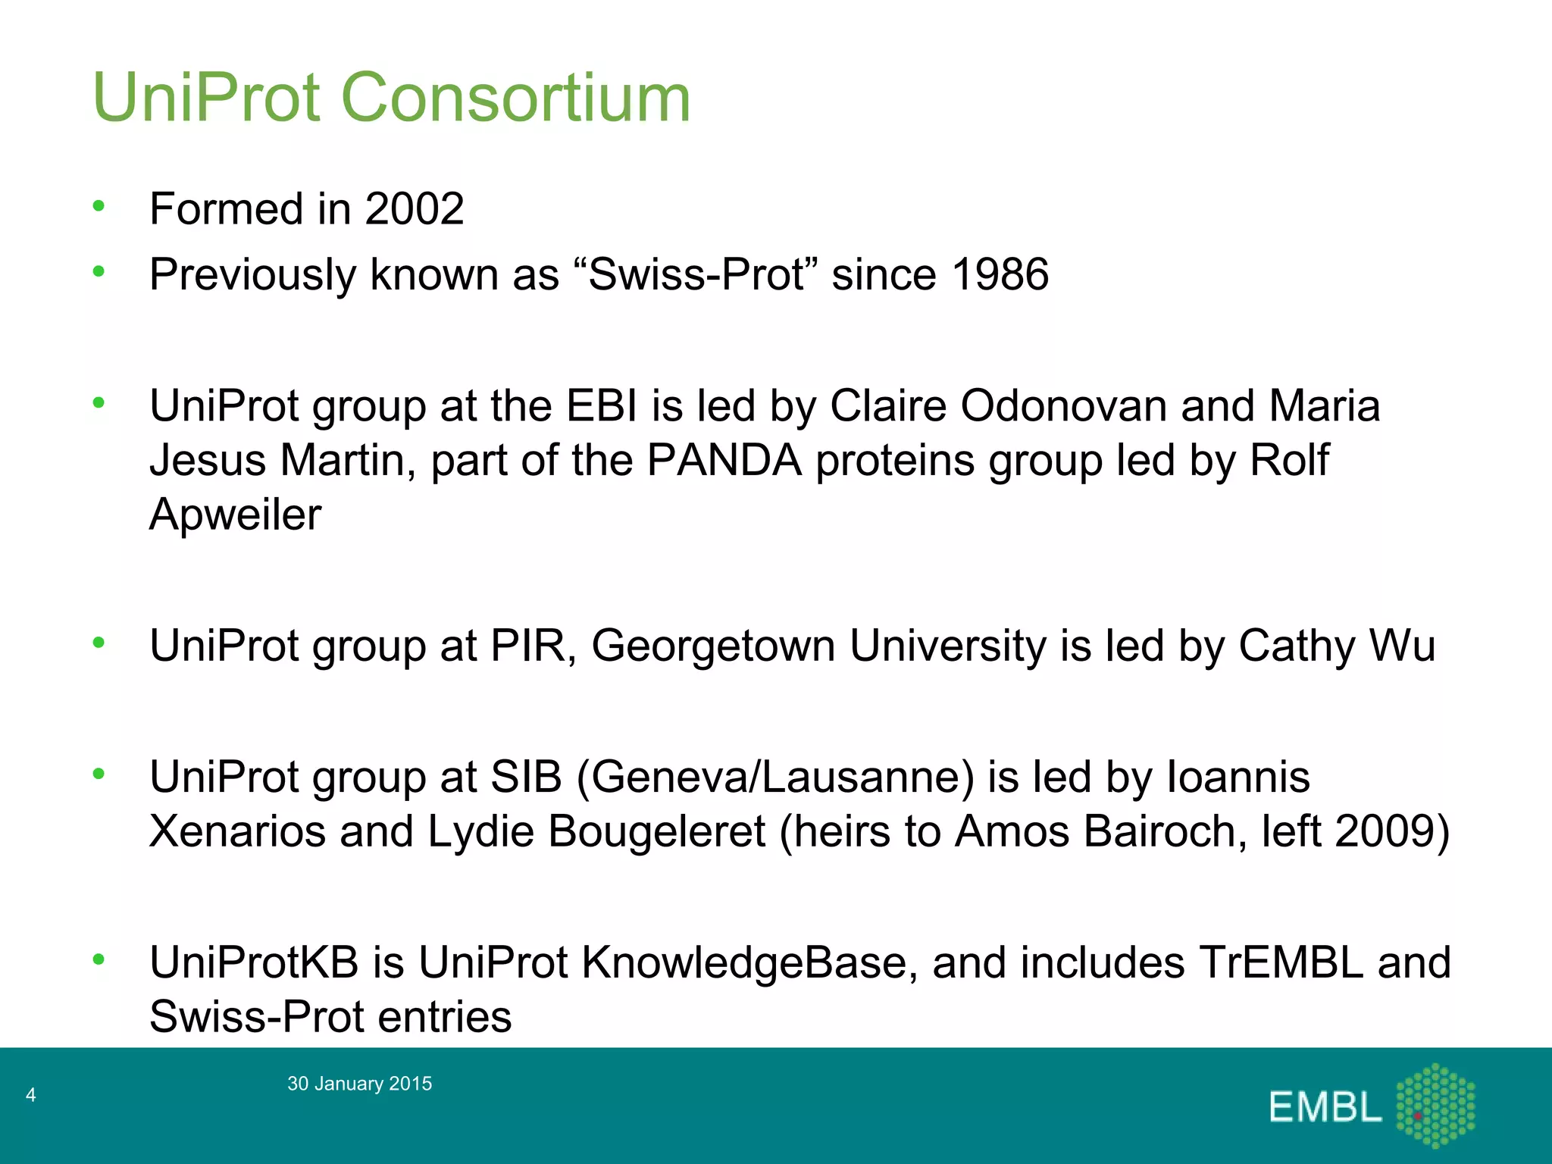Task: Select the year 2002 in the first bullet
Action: pyautogui.click(x=414, y=208)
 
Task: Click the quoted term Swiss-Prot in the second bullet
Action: pyautogui.click(x=696, y=274)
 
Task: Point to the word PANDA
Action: pyautogui.click(x=724, y=460)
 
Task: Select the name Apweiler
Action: pyautogui.click(x=235, y=515)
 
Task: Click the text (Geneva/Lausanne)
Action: pyautogui.click(x=775, y=777)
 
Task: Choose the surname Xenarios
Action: pyautogui.click(x=237, y=831)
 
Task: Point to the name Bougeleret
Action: pyautogui.click(x=656, y=831)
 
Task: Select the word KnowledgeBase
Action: pyautogui.click(x=744, y=962)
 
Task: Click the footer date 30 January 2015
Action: pyautogui.click(x=359, y=1084)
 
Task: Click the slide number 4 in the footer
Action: pyautogui.click(x=31, y=1094)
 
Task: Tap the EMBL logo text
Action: pyautogui.click(x=1325, y=1107)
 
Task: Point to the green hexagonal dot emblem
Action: pyautogui.click(x=1435, y=1105)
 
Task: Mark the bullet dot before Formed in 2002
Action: pyautogui.click(x=99, y=205)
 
